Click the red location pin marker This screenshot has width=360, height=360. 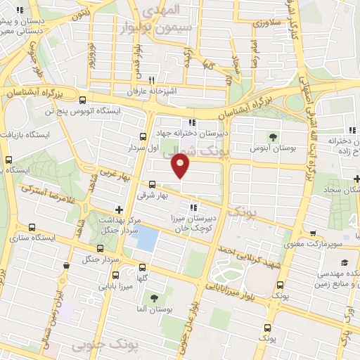[x=181, y=165]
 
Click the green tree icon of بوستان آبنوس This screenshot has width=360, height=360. [x=274, y=137]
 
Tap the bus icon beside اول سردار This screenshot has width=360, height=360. [x=143, y=137]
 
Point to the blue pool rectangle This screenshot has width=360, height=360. [x=146, y=240]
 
